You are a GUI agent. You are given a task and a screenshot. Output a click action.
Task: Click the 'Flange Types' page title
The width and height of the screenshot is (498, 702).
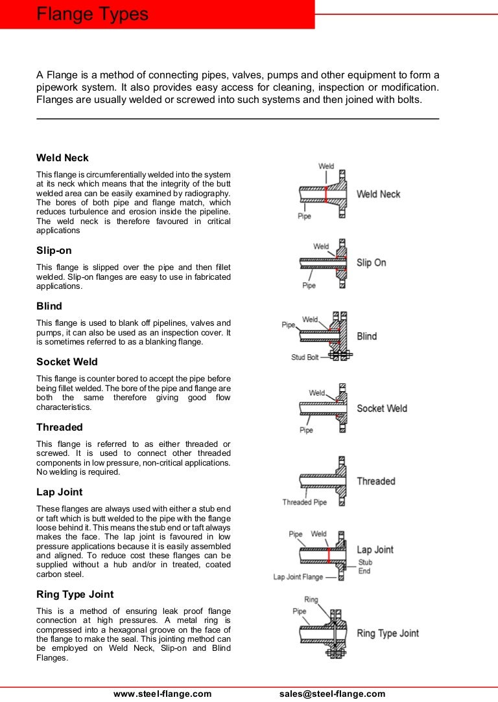click(x=92, y=14)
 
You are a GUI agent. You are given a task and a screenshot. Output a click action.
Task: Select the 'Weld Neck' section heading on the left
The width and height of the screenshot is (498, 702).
click(x=62, y=158)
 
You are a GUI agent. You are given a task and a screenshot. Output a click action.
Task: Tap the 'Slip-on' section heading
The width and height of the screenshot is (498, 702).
click(x=54, y=250)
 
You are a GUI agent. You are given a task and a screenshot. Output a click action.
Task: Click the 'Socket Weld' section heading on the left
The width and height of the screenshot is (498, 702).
click(x=67, y=362)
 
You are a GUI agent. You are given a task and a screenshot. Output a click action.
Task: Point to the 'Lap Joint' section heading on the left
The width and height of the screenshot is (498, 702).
click(x=60, y=492)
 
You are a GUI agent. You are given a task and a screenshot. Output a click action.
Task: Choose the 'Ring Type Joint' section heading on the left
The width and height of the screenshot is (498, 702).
click(x=75, y=594)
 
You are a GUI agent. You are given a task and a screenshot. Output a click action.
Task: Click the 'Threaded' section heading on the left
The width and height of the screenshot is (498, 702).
click(x=60, y=427)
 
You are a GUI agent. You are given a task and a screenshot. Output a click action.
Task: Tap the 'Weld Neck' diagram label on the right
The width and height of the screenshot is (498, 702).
click(x=378, y=194)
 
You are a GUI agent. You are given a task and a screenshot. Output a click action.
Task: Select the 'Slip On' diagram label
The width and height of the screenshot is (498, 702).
click(x=371, y=263)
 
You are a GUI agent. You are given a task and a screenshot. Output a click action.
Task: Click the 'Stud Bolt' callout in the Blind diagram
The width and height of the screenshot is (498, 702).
click(x=305, y=357)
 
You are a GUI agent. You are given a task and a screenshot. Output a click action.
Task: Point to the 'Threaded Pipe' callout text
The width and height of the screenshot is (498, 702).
click(x=305, y=503)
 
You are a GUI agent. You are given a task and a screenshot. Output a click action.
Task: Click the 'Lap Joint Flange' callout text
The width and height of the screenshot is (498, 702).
click(x=298, y=577)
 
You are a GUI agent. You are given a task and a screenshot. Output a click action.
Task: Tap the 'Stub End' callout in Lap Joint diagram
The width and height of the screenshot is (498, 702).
click(x=365, y=567)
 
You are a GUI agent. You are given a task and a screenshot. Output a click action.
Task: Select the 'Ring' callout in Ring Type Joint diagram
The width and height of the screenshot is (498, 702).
click(x=311, y=600)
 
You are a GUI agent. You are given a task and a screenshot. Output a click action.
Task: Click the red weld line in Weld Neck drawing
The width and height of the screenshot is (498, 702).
click(x=326, y=194)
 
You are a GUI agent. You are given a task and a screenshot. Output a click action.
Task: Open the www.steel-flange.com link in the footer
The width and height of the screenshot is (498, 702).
click(x=163, y=694)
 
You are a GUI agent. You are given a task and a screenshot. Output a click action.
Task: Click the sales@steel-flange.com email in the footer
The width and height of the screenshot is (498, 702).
click(x=333, y=694)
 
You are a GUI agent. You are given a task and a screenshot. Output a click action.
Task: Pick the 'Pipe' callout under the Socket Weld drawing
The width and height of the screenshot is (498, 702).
click(x=306, y=430)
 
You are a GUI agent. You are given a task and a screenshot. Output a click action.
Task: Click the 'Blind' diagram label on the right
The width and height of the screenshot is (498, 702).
click(x=366, y=337)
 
